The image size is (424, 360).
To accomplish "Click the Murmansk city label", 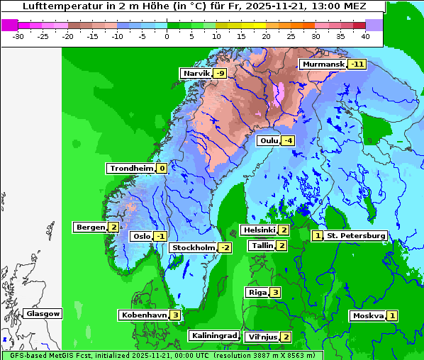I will pos(323,64).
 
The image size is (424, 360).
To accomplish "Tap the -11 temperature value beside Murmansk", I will pos(357,64).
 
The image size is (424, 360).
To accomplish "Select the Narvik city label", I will pos(196,74).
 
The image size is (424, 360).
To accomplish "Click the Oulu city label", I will pos(269,141).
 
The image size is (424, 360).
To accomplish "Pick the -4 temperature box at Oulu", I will pos(288,141).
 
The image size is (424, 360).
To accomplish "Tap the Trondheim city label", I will pos(130,169).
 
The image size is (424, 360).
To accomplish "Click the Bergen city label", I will pos(90,227).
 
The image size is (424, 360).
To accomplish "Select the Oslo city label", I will pos(141,237).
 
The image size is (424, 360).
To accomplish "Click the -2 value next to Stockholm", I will pos(225,247).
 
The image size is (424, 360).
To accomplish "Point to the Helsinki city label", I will pos(259,230).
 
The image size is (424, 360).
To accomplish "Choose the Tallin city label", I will pos(262,246).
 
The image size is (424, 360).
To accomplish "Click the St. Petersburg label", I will pos(355,236).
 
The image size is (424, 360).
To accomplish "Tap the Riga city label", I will pos(257,293).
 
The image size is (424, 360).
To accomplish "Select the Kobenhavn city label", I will pos(143,315).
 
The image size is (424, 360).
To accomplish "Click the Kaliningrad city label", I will pos(213,336).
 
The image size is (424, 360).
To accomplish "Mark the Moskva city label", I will pos(368,316).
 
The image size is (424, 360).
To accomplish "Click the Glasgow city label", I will pos(43,314).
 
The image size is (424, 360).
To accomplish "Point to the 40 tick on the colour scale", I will pos(365,35).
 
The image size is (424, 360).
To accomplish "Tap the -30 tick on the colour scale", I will pos(18,35).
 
